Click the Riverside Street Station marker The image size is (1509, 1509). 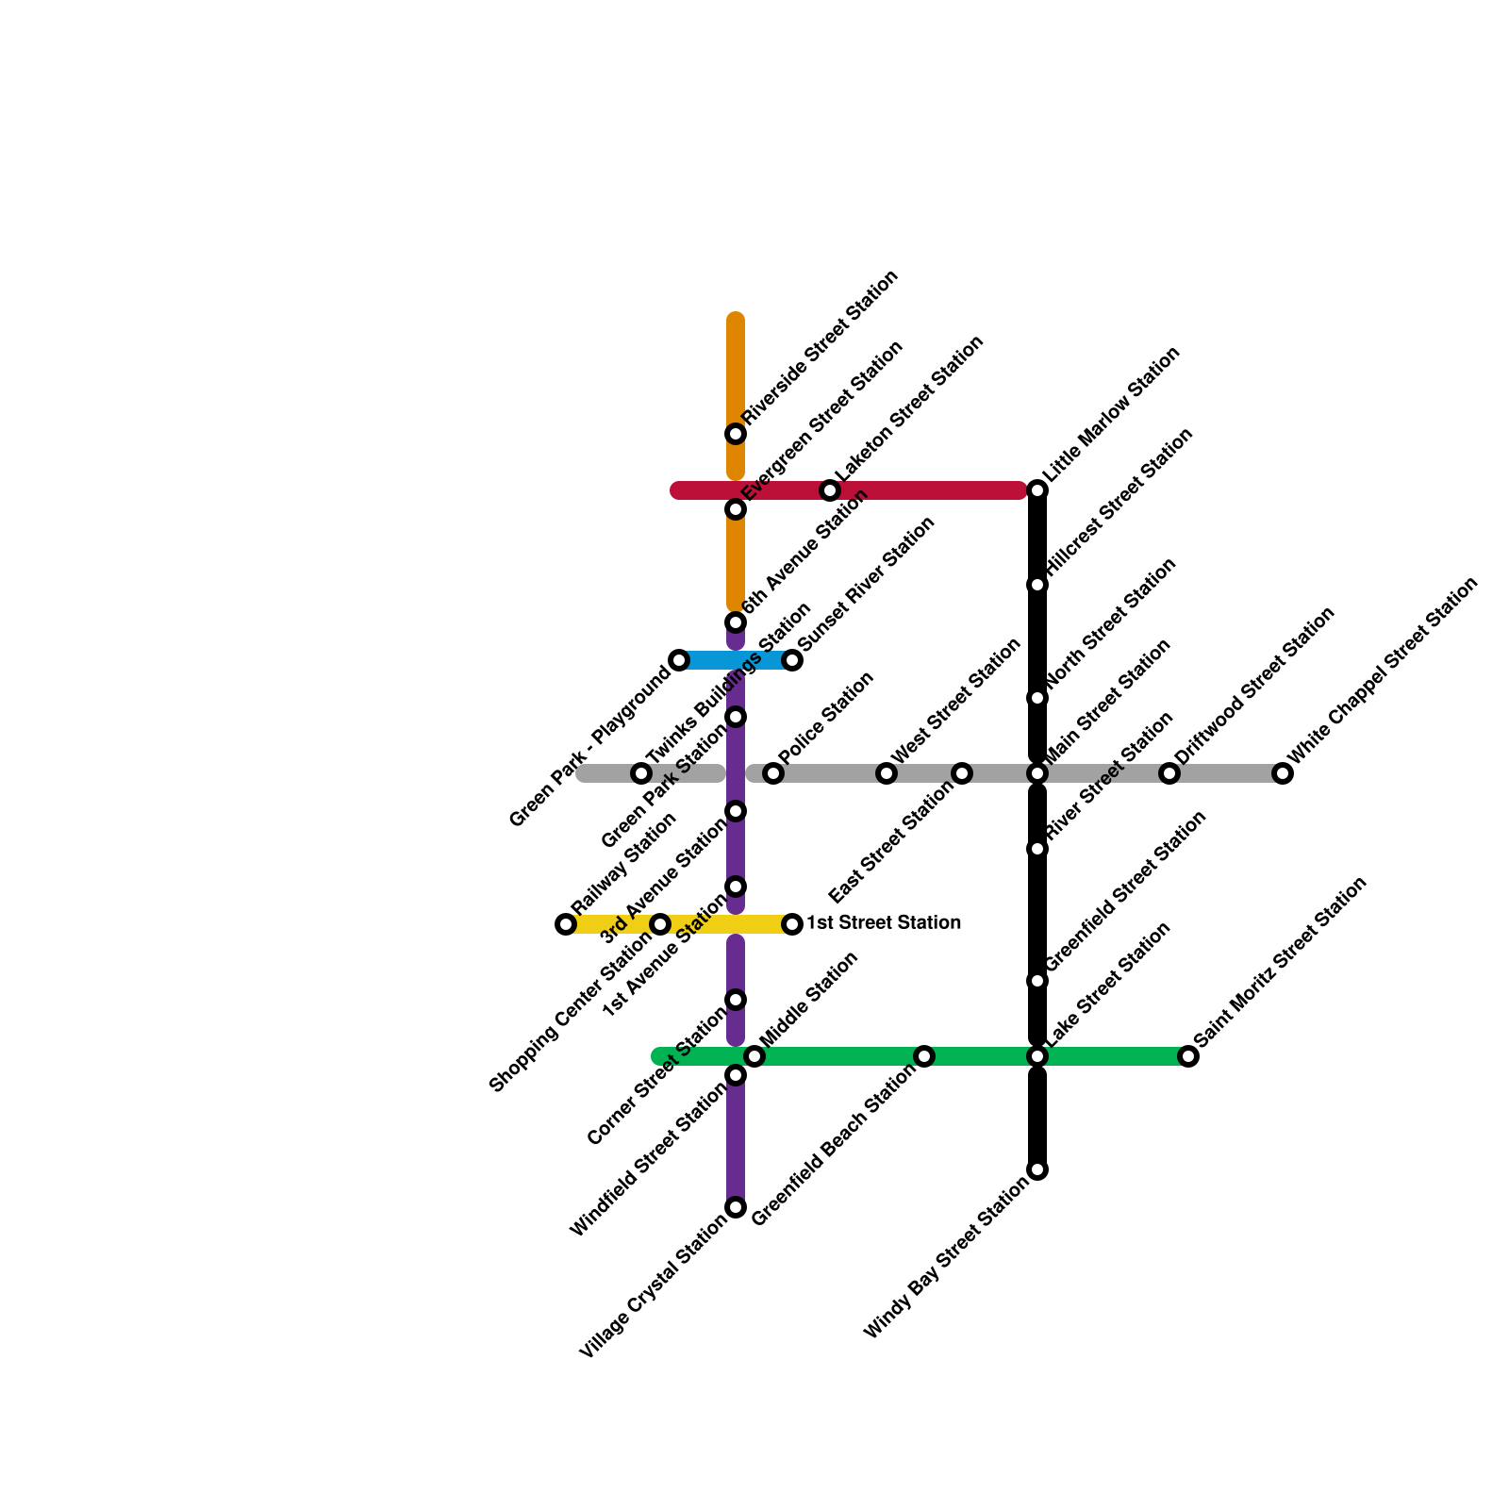point(736,434)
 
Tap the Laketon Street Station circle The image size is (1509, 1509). point(830,490)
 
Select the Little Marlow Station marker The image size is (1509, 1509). point(1037,490)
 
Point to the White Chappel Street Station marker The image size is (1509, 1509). point(1283,773)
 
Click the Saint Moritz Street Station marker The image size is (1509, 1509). point(1188,1056)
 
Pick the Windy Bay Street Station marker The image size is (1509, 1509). point(1037,1169)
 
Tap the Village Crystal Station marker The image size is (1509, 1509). point(736,1207)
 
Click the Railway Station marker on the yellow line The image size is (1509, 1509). point(566,924)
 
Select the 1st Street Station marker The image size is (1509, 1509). point(792,924)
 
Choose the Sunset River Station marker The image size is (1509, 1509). point(792,660)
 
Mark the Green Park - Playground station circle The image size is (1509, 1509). point(679,660)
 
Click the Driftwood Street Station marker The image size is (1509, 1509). point(1169,773)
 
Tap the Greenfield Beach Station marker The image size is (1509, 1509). point(924,1056)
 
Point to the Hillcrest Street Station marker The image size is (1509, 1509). point(1037,585)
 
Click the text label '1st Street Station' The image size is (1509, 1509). point(883,922)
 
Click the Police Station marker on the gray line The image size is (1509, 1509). point(773,773)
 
